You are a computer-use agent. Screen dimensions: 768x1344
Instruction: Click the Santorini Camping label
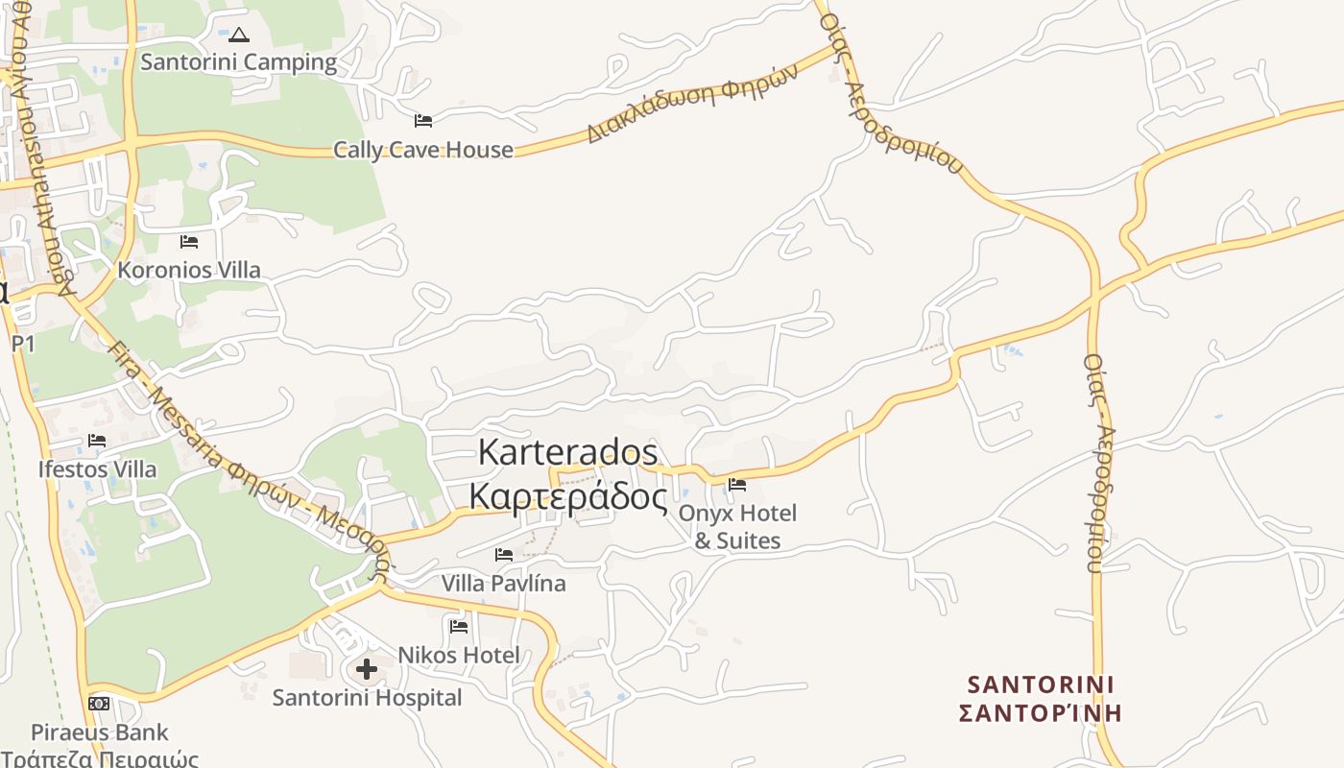pyautogui.click(x=239, y=62)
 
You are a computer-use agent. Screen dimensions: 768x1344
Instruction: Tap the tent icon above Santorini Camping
pyautogui.click(x=239, y=36)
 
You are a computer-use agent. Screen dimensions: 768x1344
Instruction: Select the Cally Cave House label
pyautogui.click(x=423, y=150)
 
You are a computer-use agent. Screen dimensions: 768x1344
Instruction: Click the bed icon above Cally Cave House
pyautogui.click(x=423, y=121)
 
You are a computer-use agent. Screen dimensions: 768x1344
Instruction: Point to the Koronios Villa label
pyautogui.click(x=189, y=270)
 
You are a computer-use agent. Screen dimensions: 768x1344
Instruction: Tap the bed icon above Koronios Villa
pyautogui.click(x=189, y=242)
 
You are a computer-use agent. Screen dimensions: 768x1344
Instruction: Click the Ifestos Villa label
pyautogui.click(x=97, y=469)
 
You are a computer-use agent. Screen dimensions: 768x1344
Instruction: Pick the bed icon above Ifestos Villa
pyautogui.click(x=97, y=442)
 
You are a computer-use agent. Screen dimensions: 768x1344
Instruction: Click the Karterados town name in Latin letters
pyautogui.click(x=567, y=452)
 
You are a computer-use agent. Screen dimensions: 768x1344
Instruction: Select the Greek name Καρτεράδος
pyautogui.click(x=567, y=496)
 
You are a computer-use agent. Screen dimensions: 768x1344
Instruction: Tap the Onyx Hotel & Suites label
pyautogui.click(x=737, y=527)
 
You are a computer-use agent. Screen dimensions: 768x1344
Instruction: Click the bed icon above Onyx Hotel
pyautogui.click(x=737, y=485)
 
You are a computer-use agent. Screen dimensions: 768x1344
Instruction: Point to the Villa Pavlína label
pyautogui.click(x=504, y=583)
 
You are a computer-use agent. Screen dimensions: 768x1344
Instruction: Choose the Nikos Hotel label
pyautogui.click(x=459, y=655)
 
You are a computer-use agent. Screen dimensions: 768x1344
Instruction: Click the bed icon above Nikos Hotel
pyautogui.click(x=459, y=627)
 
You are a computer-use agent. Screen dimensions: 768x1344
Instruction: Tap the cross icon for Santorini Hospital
pyautogui.click(x=367, y=669)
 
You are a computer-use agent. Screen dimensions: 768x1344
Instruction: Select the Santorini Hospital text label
pyautogui.click(x=367, y=698)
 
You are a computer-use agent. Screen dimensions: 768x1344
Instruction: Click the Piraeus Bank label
pyautogui.click(x=100, y=732)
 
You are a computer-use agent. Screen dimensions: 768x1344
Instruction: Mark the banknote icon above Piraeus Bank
pyautogui.click(x=99, y=704)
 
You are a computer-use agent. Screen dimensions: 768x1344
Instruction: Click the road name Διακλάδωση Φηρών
pyautogui.click(x=692, y=104)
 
